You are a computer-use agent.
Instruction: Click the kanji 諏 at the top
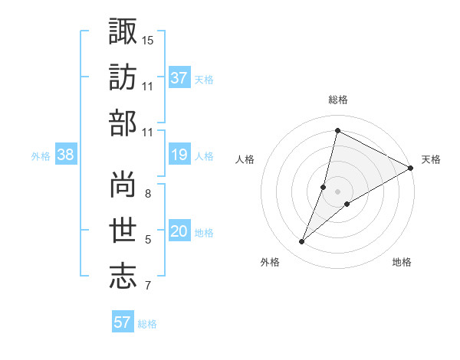pyautogui.click(x=123, y=32)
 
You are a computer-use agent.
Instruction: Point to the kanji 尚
pyautogui.click(x=123, y=185)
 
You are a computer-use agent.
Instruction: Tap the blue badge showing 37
pyautogui.click(x=179, y=77)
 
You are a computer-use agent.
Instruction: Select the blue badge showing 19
pyautogui.click(x=179, y=155)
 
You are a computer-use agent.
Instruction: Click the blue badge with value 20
pyautogui.click(x=179, y=231)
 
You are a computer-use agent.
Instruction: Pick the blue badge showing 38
pyautogui.click(x=66, y=155)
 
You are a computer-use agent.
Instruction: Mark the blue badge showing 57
pyautogui.click(x=123, y=322)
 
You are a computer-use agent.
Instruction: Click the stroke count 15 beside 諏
pyautogui.click(x=148, y=39)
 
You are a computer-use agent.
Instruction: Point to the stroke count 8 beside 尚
pyautogui.click(x=148, y=193)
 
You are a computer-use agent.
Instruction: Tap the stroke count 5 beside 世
pyautogui.click(x=148, y=239)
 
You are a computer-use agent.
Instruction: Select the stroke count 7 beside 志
pyautogui.click(x=148, y=286)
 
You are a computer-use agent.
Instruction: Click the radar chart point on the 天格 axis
pyautogui.click(x=410, y=169)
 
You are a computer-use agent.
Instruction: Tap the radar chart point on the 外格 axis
pyautogui.click(x=301, y=242)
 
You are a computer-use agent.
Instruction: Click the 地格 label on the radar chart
pyautogui.click(x=402, y=263)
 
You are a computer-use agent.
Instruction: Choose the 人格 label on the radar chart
pyautogui.click(x=245, y=159)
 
